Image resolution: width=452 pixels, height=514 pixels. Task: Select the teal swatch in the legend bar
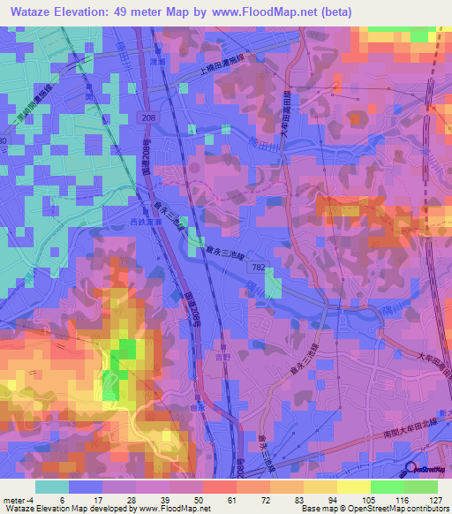(52, 487)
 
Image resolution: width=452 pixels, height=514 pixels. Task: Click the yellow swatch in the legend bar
(353, 487)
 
